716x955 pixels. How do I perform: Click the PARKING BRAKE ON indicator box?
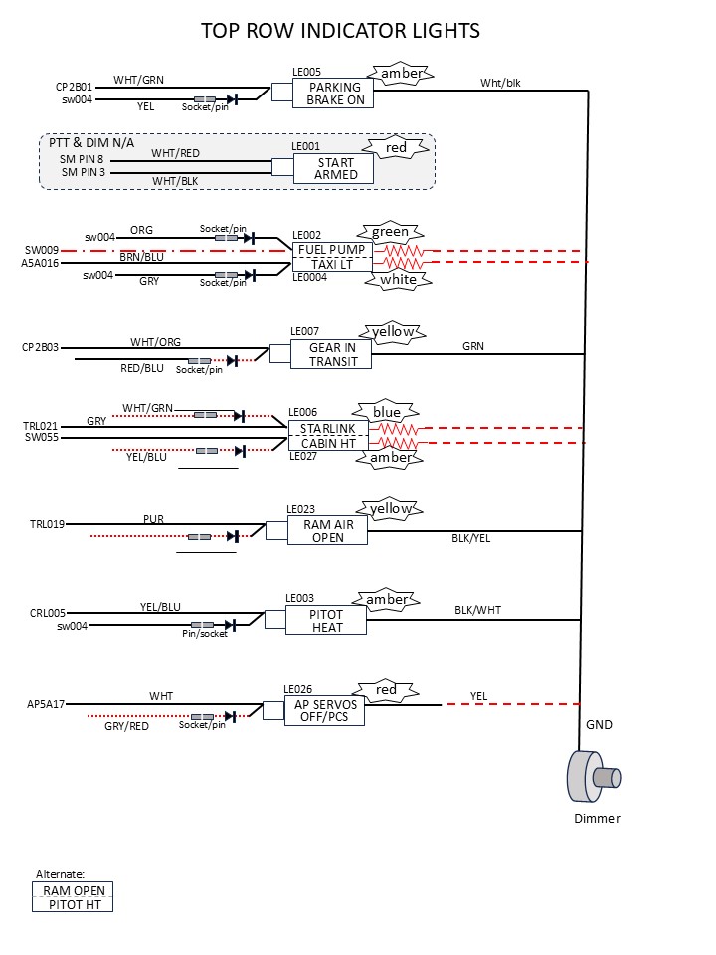(x=334, y=94)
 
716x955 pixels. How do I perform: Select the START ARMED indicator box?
(x=334, y=169)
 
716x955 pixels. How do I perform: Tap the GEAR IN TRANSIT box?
(x=332, y=354)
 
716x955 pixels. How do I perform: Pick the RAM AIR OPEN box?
(x=328, y=530)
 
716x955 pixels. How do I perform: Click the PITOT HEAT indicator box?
(x=326, y=621)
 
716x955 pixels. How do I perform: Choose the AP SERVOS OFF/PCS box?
(x=324, y=710)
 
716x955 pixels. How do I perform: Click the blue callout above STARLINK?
(x=386, y=412)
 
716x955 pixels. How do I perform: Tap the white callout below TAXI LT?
(x=397, y=280)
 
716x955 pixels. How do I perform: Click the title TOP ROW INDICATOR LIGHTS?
(x=340, y=31)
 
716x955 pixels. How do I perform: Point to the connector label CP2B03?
(x=41, y=348)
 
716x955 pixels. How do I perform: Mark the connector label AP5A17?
(x=46, y=704)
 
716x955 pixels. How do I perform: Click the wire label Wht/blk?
(x=500, y=83)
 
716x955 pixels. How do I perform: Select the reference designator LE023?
(x=300, y=509)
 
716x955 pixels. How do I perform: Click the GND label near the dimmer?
(x=599, y=725)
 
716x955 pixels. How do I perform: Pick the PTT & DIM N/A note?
(x=91, y=143)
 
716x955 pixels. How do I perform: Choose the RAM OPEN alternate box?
(x=73, y=890)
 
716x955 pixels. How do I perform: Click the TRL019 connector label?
(x=46, y=524)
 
